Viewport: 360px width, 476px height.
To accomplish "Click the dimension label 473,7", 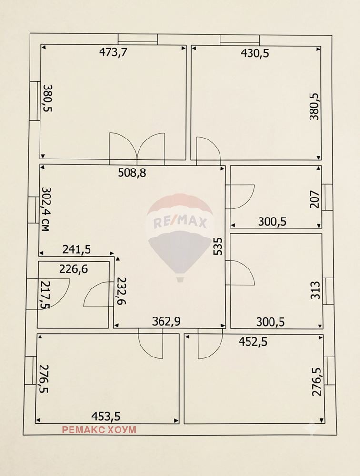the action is click(113, 52).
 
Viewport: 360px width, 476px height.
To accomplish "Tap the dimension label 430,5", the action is click(255, 53).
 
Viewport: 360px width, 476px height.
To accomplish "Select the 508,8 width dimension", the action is click(132, 173).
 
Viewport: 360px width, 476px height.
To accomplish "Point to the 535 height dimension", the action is click(219, 246).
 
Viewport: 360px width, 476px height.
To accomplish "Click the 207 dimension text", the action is click(315, 199).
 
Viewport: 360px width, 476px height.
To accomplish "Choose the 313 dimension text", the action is click(315, 290).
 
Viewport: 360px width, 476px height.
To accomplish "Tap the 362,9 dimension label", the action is click(166, 321).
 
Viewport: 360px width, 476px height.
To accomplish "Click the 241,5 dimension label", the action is click(77, 249).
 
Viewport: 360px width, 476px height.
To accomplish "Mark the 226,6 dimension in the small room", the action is click(73, 268).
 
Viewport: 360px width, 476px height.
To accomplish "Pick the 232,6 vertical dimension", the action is click(122, 290).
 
